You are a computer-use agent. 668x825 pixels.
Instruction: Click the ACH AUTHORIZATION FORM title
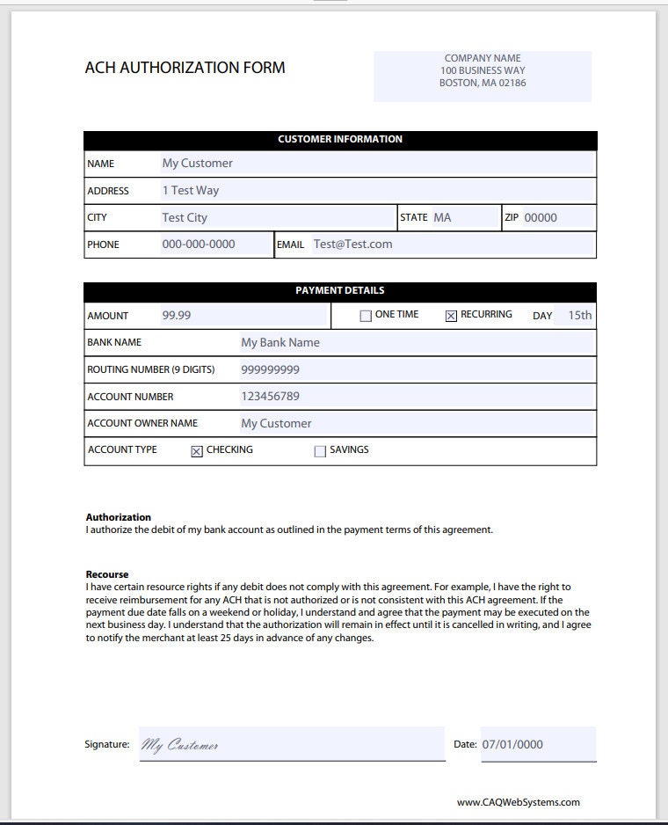click(185, 68)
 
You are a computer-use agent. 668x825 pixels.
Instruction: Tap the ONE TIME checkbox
click(366, 317)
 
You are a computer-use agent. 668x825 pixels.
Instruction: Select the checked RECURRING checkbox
click(451, 317)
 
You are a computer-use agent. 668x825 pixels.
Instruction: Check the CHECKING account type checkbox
click(197, 451)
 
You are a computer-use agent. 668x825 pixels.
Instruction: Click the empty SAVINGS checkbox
click(320, 451)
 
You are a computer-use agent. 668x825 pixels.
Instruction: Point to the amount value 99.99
click(176, 315)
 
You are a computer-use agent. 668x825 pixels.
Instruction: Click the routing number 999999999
click(270, 369)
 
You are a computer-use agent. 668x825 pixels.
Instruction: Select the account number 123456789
click(270, 397)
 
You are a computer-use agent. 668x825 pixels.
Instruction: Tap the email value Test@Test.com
click(352, 245)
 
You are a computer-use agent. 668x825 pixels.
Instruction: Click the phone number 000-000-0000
click(199, 245)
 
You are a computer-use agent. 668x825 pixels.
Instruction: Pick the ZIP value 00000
click(541, 218)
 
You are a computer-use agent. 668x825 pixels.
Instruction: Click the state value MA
click(442, 217)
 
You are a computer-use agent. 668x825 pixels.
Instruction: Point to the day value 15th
click(579, 315)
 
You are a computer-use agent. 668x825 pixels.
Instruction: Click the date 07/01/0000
click(512, 744)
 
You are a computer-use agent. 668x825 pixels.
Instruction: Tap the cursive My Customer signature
click(180, 746)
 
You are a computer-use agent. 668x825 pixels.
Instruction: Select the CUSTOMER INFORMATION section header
click(340, 139)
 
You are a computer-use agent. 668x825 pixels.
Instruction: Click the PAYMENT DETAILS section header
click(339, 290)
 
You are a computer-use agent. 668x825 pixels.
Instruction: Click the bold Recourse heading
click(107, 574)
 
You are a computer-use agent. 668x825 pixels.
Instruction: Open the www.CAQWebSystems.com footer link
click(518, 802)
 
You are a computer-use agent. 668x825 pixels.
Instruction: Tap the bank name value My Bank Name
click(280, 342)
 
